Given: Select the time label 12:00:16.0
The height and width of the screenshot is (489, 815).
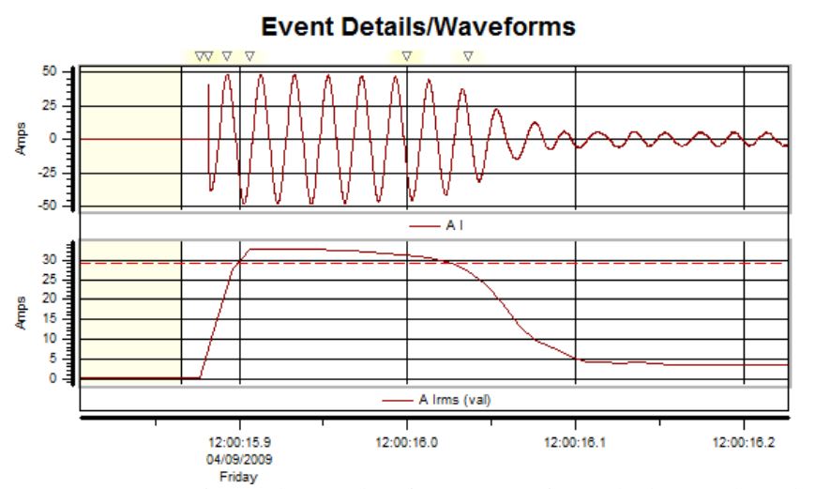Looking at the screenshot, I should click(x=406, y=438).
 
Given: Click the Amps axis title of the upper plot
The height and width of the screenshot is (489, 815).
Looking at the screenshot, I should click(x=21, y=137).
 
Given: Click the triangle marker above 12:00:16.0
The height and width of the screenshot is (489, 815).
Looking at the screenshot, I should click(x=406, y=56).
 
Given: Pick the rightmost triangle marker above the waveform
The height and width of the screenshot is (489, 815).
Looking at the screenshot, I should click(x=468, y=56).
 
